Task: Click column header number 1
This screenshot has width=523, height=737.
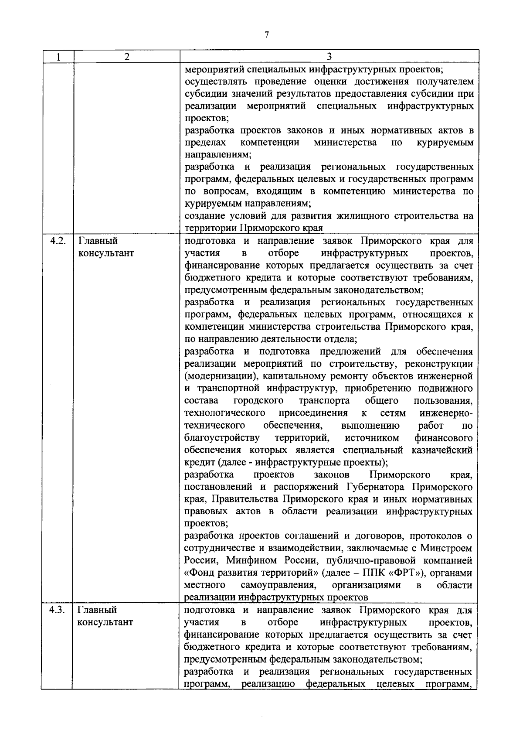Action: pos(58,56)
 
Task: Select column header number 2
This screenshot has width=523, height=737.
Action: pos(126,56)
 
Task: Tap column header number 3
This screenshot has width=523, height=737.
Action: pos(329,56)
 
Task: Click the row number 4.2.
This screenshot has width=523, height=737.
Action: pos(58,241)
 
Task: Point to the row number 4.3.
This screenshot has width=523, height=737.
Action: pos(58,610)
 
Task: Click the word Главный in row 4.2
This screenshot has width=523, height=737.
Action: pos(98,241)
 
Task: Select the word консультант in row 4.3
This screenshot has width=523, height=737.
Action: pos(105,622)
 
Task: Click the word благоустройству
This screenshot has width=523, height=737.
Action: pos(222,437)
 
